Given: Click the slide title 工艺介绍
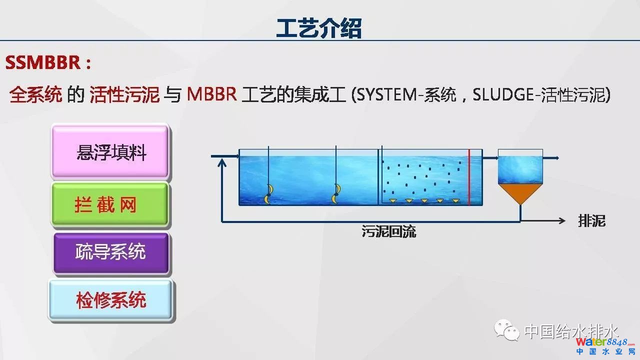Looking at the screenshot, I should coord(319,28).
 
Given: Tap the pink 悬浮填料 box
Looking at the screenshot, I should coord(110,152).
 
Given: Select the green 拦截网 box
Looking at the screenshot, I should coord(110,205).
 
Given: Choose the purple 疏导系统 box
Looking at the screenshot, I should coord(111,252).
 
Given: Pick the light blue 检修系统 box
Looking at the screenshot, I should coord(111,300).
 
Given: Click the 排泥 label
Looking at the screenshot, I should coord(591,221).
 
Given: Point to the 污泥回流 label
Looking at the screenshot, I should coord(389,231).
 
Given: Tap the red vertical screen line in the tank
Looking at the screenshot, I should coord(469,177).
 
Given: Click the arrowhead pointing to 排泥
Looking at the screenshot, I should coord(562,221).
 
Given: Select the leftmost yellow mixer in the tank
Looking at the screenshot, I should coord(268,193).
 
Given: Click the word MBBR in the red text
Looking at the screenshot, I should coord(211,94).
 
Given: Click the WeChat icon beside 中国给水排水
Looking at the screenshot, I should coord(506,330).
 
